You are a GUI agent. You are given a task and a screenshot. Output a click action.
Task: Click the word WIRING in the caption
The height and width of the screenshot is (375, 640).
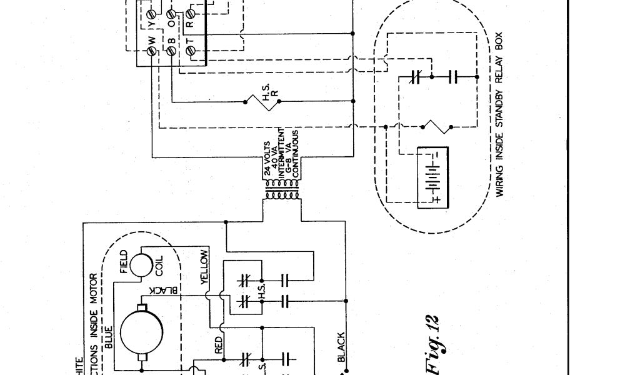499,181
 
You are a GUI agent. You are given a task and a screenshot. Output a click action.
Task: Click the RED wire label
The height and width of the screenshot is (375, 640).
219,347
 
